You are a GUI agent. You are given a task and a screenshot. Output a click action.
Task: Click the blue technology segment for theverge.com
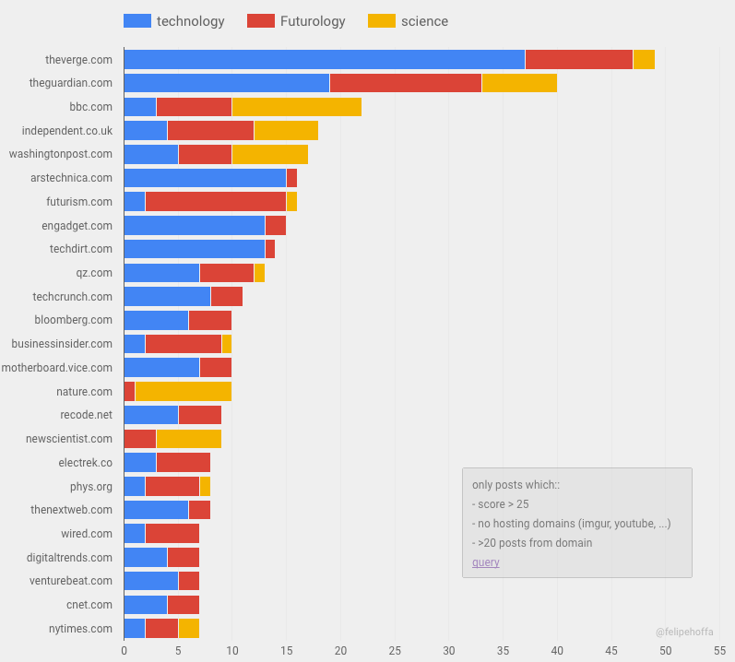pyautogui.click(x=324, y=60)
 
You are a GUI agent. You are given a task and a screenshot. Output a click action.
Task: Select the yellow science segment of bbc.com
pyautogui.click(x=296, y=107)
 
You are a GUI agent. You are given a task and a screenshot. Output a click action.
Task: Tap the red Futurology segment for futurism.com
pyautogui.click(x=216, y=202)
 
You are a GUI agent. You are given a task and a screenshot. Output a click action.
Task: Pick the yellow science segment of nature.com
pyautogui.click(x=183, y=391)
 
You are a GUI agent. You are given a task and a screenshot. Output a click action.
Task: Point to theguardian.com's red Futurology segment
pyautogui.click(x=405, y=83)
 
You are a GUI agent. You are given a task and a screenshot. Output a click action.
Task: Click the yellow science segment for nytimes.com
pyautogui.click(x=188, y=628)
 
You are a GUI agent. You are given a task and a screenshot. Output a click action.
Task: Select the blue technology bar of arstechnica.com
pyautogui.click(x=205, y=178)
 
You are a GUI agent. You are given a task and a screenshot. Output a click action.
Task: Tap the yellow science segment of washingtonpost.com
pyautogui.click(x=269, y=154)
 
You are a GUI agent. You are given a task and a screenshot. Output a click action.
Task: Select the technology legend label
pyautogui.click(x=190, y=21)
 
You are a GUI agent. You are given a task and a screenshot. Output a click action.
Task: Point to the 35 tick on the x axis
pyautogui.click(x=503, y=650)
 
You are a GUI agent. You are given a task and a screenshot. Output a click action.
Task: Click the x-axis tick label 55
pyautogui.click(x=719, y=650)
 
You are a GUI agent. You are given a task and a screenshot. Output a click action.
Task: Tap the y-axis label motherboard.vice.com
pyautogui.click(x=57, y=367)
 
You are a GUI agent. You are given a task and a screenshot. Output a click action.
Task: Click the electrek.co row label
pyautogui.click(x=85, y=462)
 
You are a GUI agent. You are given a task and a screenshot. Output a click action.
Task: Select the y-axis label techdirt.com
pyautogui.click(x=81, y=249)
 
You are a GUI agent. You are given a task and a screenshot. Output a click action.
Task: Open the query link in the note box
pyautogui.click(x=485, y=562)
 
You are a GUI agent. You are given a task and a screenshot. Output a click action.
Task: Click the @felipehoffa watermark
pyautogui.click(x=683, y=632)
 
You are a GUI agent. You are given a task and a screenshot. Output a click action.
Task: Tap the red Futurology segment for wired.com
pyautogui.click(x=172, y=533)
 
